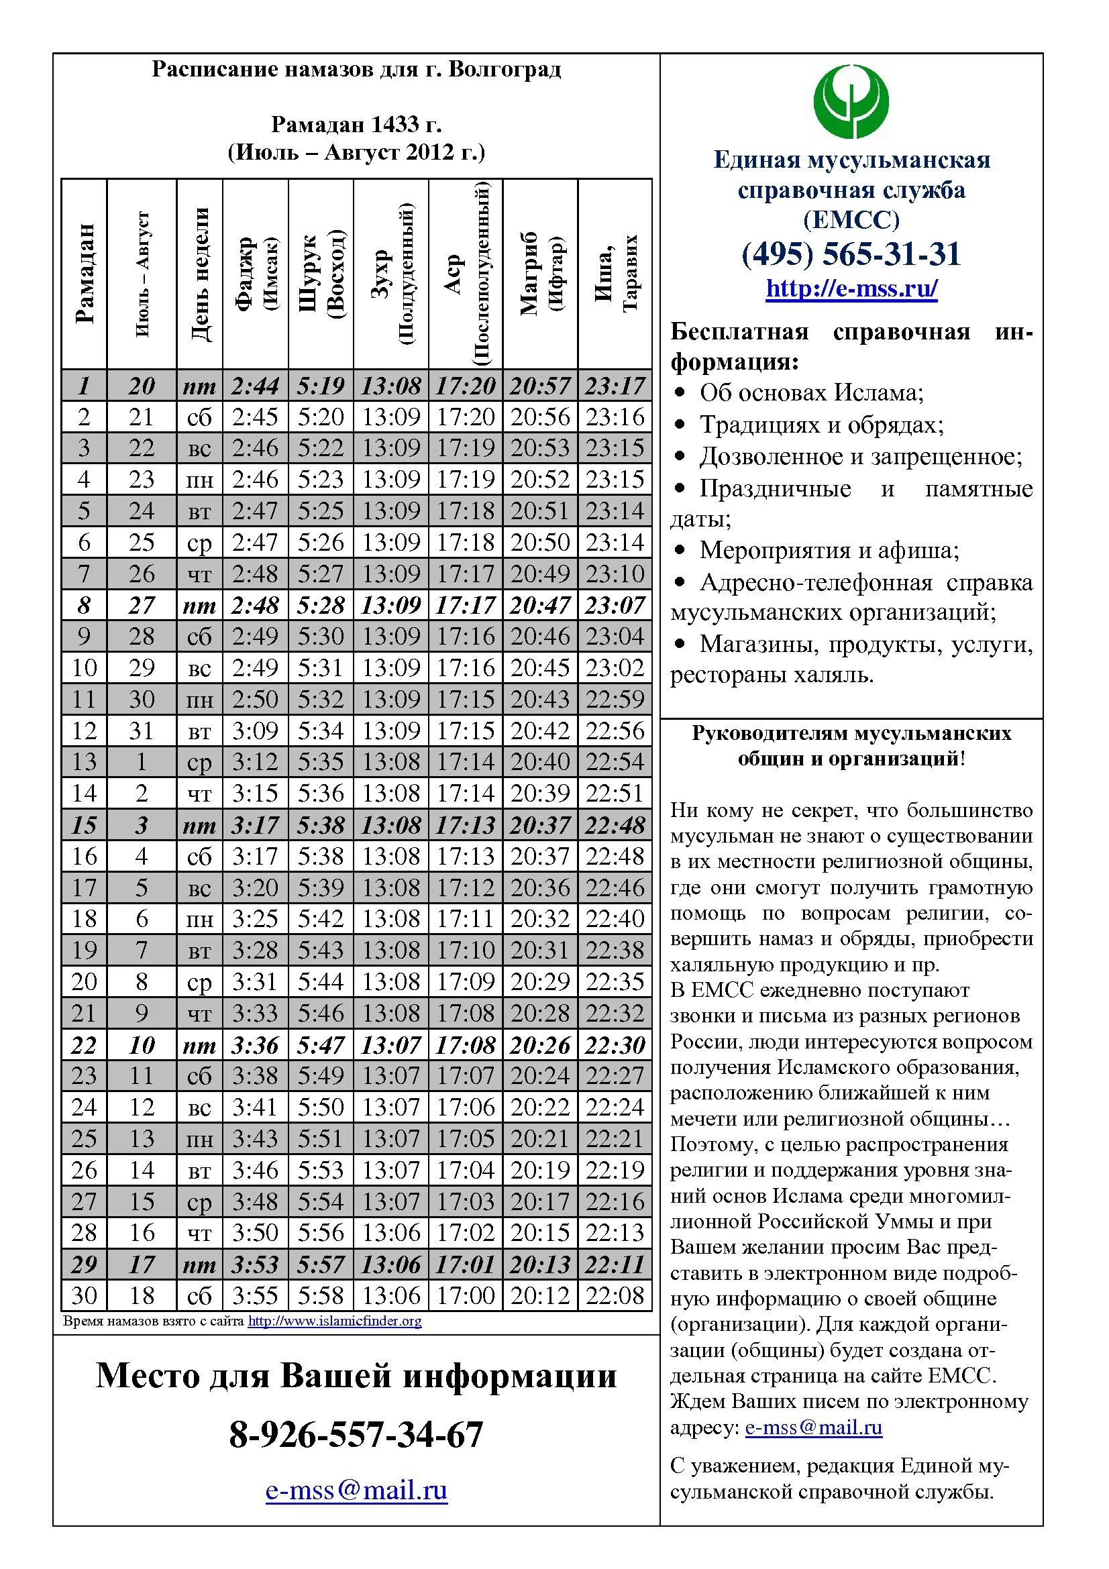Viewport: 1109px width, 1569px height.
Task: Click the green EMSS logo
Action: [x=851, y=101]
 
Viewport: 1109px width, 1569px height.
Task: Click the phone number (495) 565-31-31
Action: [x=851, y=254]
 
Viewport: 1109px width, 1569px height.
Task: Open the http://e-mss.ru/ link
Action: [x=851, y=288]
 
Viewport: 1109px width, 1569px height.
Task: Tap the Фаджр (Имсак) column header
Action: [x=256, y=273]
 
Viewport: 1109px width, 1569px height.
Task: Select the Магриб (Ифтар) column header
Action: [x=540, y=273]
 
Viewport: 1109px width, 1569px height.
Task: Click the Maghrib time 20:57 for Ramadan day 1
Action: [x=540, y=386]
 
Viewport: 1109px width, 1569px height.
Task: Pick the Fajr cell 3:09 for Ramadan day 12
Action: [x=255, y=731]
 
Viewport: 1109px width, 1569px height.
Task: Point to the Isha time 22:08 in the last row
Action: [x=615, y=1295]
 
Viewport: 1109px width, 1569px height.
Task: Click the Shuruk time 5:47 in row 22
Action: [x=321, y=1045]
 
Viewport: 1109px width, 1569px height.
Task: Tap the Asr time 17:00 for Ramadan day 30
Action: [x=466, y=1295]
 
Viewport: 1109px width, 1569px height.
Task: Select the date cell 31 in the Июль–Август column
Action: [x=142, y=731]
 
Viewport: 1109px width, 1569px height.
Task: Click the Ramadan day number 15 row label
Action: [x=84, y=825]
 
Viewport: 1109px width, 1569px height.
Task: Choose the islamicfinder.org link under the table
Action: [x=334, y=1321]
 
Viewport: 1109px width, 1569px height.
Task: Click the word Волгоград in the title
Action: [x=505, y=69]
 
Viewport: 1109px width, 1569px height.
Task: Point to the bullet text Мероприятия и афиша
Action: [x=829, y=550]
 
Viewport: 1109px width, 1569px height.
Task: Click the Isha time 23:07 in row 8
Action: [x=615, y=605]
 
